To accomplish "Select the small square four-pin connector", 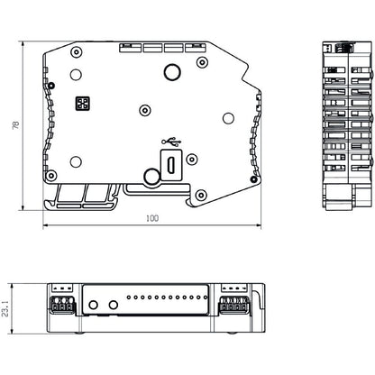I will [83, 104].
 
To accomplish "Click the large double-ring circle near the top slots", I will [170, 73].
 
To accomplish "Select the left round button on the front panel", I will [93, 305].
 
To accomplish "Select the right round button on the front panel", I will [113, 305].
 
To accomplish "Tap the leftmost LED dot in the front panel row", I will [131, 297].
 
